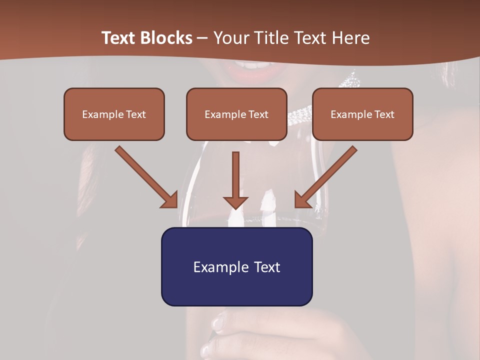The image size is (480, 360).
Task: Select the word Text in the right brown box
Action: click(x=384, y=114)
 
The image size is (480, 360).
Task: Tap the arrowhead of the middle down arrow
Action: click(x=235, y=202)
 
